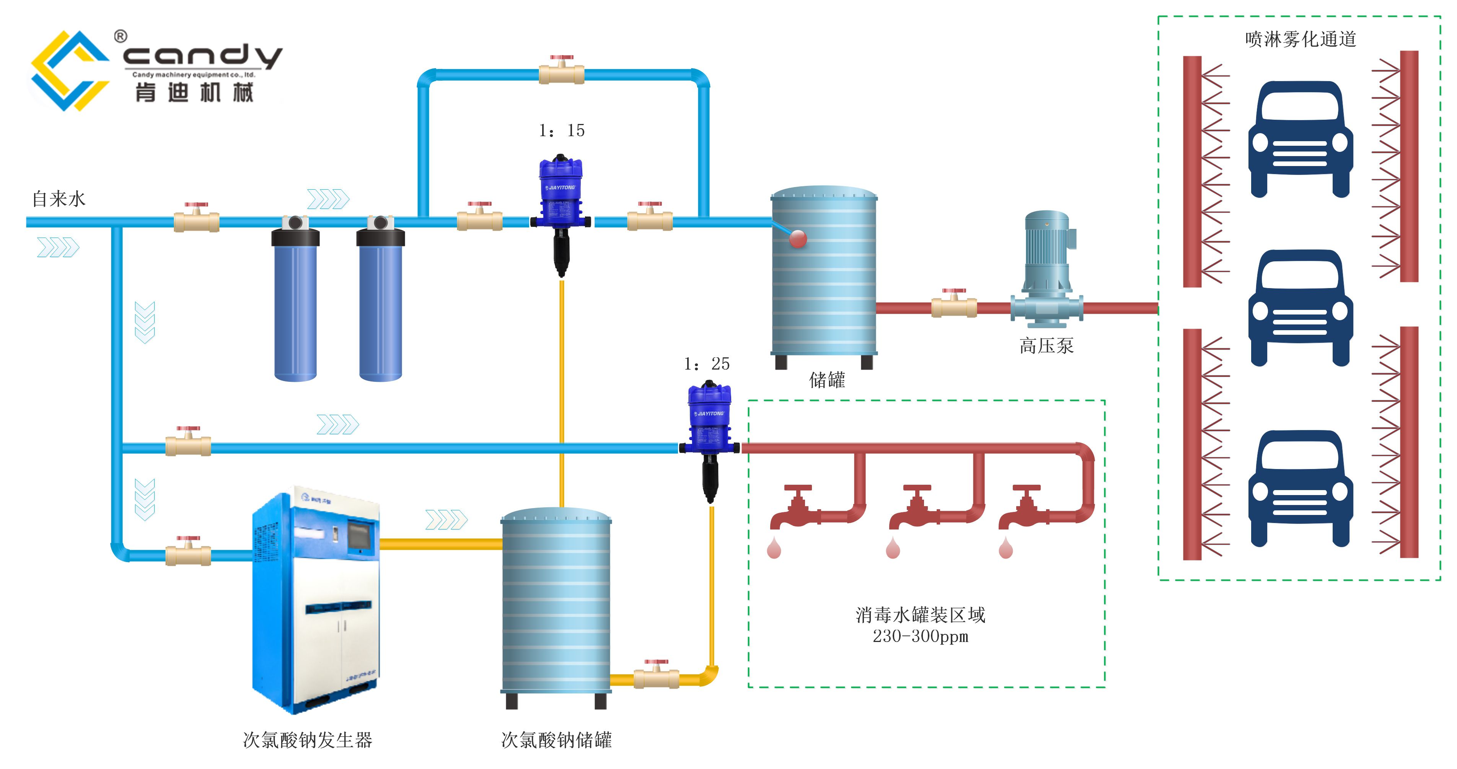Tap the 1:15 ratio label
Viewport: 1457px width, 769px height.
point(562,130)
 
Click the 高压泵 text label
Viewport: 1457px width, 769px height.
point(1046,345)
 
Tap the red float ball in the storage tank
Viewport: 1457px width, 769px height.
point(797,239)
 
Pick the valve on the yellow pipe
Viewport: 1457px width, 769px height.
point(656,676)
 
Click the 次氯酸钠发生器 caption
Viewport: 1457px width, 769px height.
point(307,740)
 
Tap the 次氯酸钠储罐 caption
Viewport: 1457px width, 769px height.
point(556,740)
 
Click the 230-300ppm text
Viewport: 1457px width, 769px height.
point(920,637)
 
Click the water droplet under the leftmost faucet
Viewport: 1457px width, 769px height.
point(774,549)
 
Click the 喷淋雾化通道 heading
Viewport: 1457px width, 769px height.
point(1301,39)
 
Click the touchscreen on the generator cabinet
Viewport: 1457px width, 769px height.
point(359,535)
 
